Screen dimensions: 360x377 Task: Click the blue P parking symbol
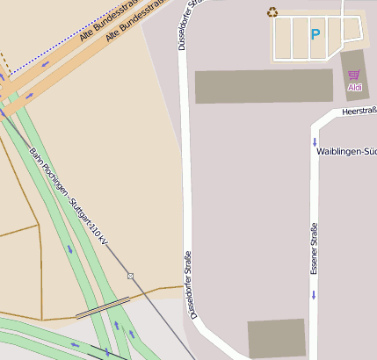click(315, 35)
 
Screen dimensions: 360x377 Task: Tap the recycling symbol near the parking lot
click(272, 12)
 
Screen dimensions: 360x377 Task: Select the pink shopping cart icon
click(353, 76)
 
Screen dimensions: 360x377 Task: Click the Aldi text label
click(355, 88)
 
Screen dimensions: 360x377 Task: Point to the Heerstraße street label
click(359, 112)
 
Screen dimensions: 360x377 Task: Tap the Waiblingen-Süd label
click(345, 152)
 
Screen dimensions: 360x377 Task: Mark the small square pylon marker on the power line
click(130, 276)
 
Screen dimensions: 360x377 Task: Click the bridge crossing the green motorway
click(103, 307)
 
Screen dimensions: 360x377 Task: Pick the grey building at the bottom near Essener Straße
click(276, 338)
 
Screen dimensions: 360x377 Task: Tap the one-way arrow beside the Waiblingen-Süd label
click(314, 141)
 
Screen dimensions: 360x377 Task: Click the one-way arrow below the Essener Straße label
click(314, 294)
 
